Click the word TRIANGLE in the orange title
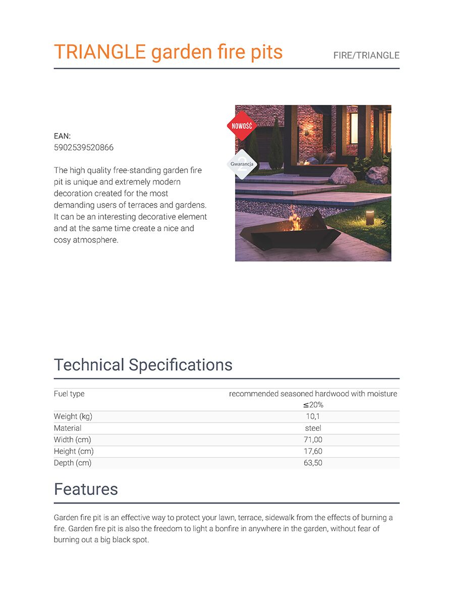(x=99, y=52)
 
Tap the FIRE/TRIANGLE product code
(x=366, y=56)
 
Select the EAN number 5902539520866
(x=84, y=147)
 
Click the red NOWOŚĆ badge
(x=242, y=125)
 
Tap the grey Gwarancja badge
(x=242, y=164)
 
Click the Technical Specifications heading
(x=143, y=365)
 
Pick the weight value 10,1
(x=313, y=417)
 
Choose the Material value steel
(x=313, y=428)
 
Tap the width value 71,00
(x=313, y=440)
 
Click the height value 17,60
(x=313, y=451)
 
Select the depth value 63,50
(x=313, y=463)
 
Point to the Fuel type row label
(x=69, y=393)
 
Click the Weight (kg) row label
(x=73, y=417)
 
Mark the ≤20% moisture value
(x=313, y=405)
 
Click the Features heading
(x=86, y=489)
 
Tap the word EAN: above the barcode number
(x=62, y=136)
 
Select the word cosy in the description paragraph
(x=63, y=240)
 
